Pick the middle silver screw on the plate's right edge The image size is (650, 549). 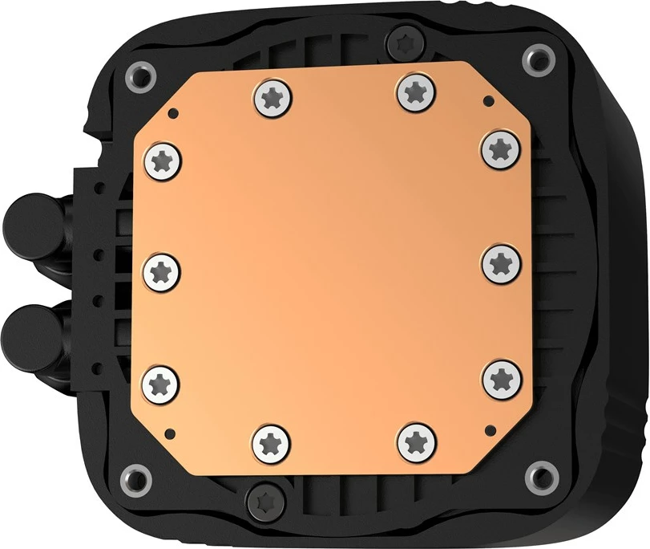point(502,261)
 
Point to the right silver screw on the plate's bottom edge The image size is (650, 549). point(414,440)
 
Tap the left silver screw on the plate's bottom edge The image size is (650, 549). point(271,442)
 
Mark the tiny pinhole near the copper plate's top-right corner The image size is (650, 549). point(485,100)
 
